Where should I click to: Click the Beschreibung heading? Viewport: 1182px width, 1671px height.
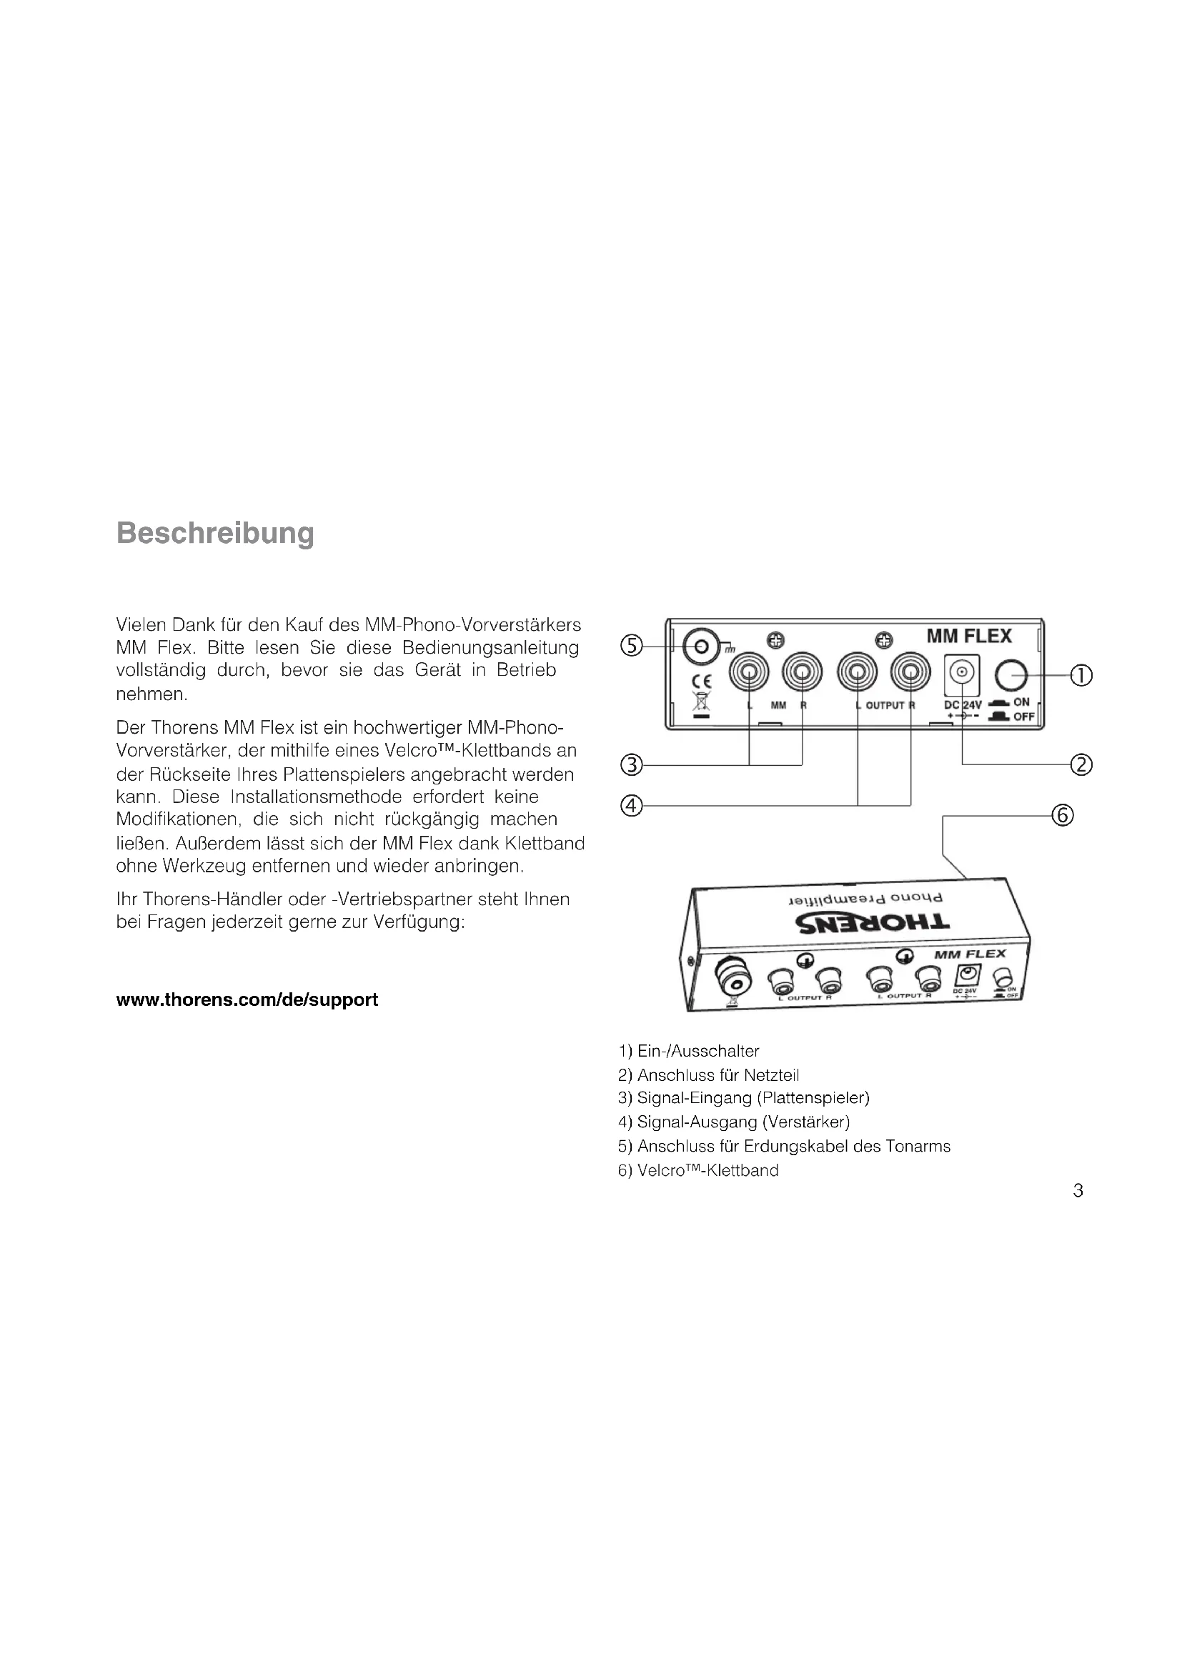tap(215, 533)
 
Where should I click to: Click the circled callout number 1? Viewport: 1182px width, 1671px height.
tap(1081, 676)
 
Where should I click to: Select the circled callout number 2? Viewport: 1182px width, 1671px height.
tap(1081, 765)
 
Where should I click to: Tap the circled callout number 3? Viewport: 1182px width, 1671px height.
tap(631, 765)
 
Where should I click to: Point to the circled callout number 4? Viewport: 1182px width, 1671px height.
tap(631, 806)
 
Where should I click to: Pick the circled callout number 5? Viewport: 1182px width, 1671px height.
tap(631, 646)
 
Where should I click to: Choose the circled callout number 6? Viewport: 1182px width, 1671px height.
tap(1063, 816)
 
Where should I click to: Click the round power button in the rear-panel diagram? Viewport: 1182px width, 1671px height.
tap(1010, 676)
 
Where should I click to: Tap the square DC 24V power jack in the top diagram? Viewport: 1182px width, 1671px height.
tap(961, 674)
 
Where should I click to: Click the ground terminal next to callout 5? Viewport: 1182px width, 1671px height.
tap(701, 647)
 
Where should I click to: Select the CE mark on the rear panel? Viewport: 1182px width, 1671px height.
tap(702, 682)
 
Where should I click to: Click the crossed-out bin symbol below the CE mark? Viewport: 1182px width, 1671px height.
tap(702, 702)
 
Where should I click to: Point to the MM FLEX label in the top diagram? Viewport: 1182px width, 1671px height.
tap(969, 637)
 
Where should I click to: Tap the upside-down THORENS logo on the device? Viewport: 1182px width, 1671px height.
tap(873, 923)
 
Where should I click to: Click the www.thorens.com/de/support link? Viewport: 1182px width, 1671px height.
tap(247, 1000)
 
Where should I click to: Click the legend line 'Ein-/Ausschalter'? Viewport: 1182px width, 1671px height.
tap(688, 1051)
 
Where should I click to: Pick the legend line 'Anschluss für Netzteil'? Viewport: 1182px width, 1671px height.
tap(709, 1075)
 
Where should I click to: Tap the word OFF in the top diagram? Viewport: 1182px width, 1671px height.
tap(1023, 717)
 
